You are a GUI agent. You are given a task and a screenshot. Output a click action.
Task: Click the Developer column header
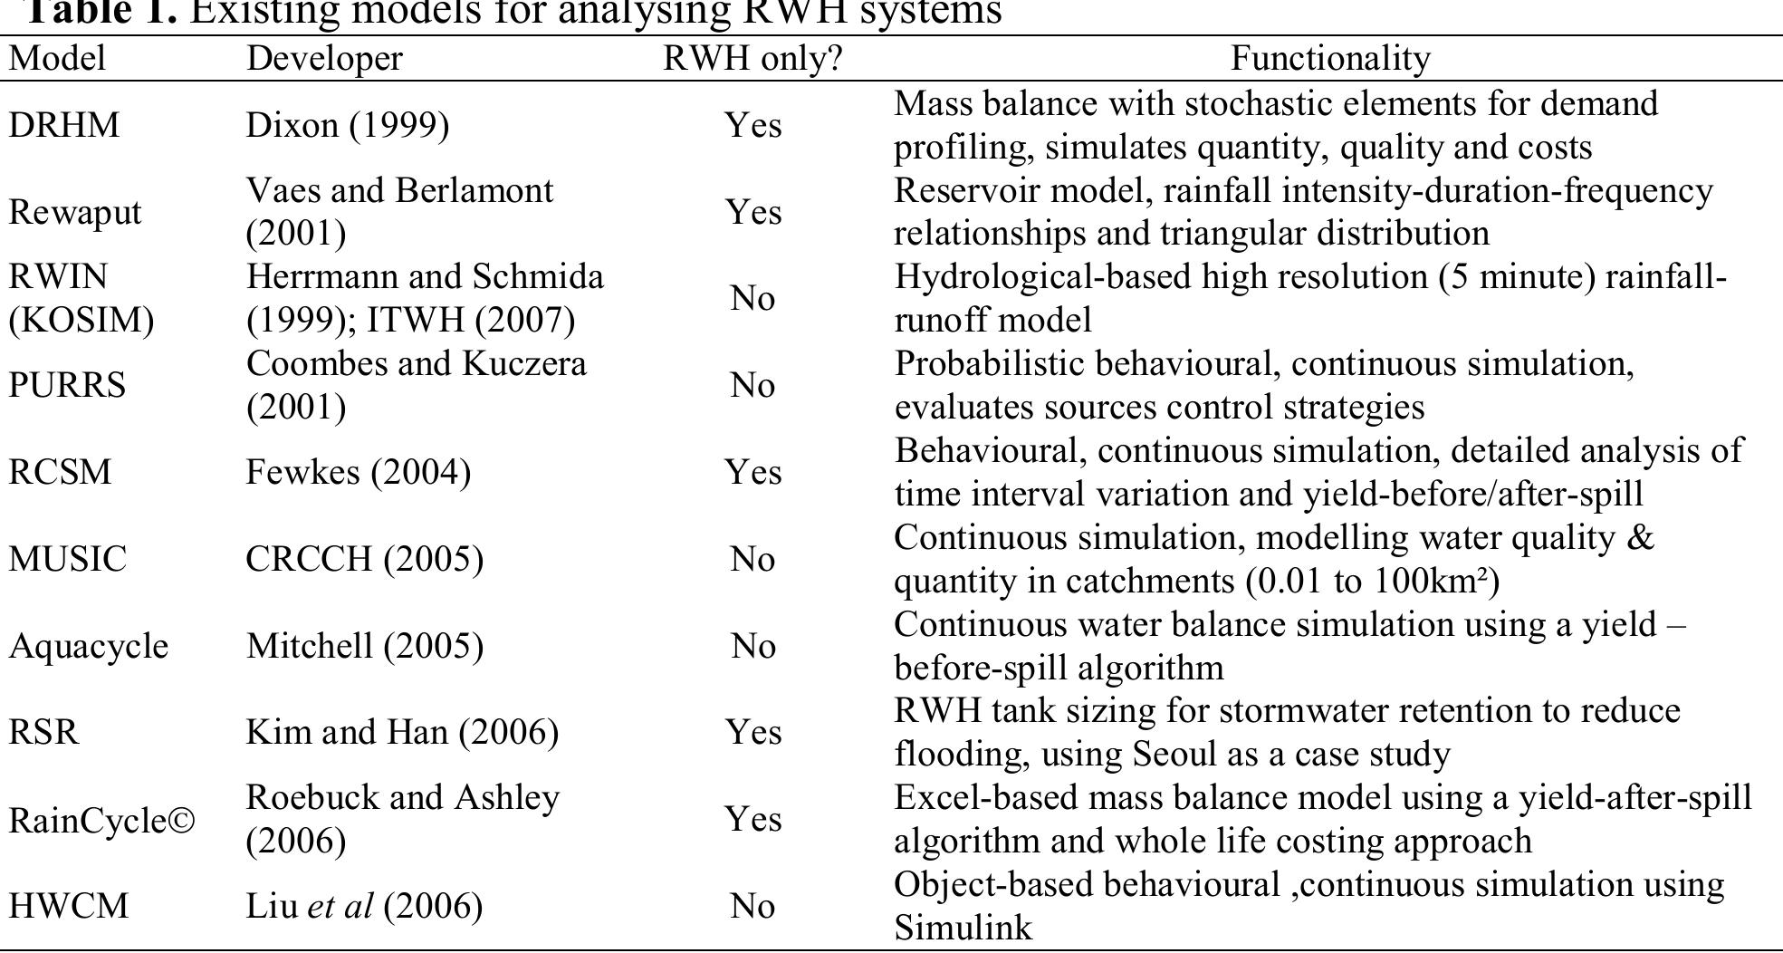(x=324, y=59)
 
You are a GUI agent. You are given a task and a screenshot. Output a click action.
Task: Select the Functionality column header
(x=1330, y=59)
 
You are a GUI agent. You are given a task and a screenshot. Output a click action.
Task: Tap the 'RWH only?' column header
(x=753, y=59)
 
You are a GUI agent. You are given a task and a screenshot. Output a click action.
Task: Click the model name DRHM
(x=63, y=125)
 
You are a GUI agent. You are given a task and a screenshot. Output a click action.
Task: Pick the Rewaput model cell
(x=74, y=212)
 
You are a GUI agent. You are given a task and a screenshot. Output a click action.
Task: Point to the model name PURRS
(x=67, y=385)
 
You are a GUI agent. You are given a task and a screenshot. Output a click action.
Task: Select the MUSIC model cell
(x=68, y=559)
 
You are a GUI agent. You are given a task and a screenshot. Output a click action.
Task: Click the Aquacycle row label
(x=88, y=646)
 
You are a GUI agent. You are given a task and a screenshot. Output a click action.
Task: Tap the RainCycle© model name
(x=101, y=820)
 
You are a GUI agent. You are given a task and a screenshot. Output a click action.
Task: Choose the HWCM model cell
(x=69, y=906)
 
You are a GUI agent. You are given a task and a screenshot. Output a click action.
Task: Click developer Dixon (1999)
(x=347, y=125)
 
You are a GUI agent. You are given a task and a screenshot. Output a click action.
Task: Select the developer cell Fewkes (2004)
(x=358, y=472)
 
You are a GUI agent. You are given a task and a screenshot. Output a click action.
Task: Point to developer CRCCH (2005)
(x=364, y=559)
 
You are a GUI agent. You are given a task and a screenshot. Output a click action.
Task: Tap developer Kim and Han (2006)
(x=402, y=732)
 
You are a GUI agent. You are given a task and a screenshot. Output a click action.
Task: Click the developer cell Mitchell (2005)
(x=364, y=646)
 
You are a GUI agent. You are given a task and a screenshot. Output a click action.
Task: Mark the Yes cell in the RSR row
(x=753, y=732)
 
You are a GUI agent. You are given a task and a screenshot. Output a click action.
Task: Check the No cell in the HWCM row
(x=753, y=906)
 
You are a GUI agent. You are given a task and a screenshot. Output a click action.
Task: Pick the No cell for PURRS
(x=753, y=385)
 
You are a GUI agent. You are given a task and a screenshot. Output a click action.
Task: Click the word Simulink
(x=963, y=928)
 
